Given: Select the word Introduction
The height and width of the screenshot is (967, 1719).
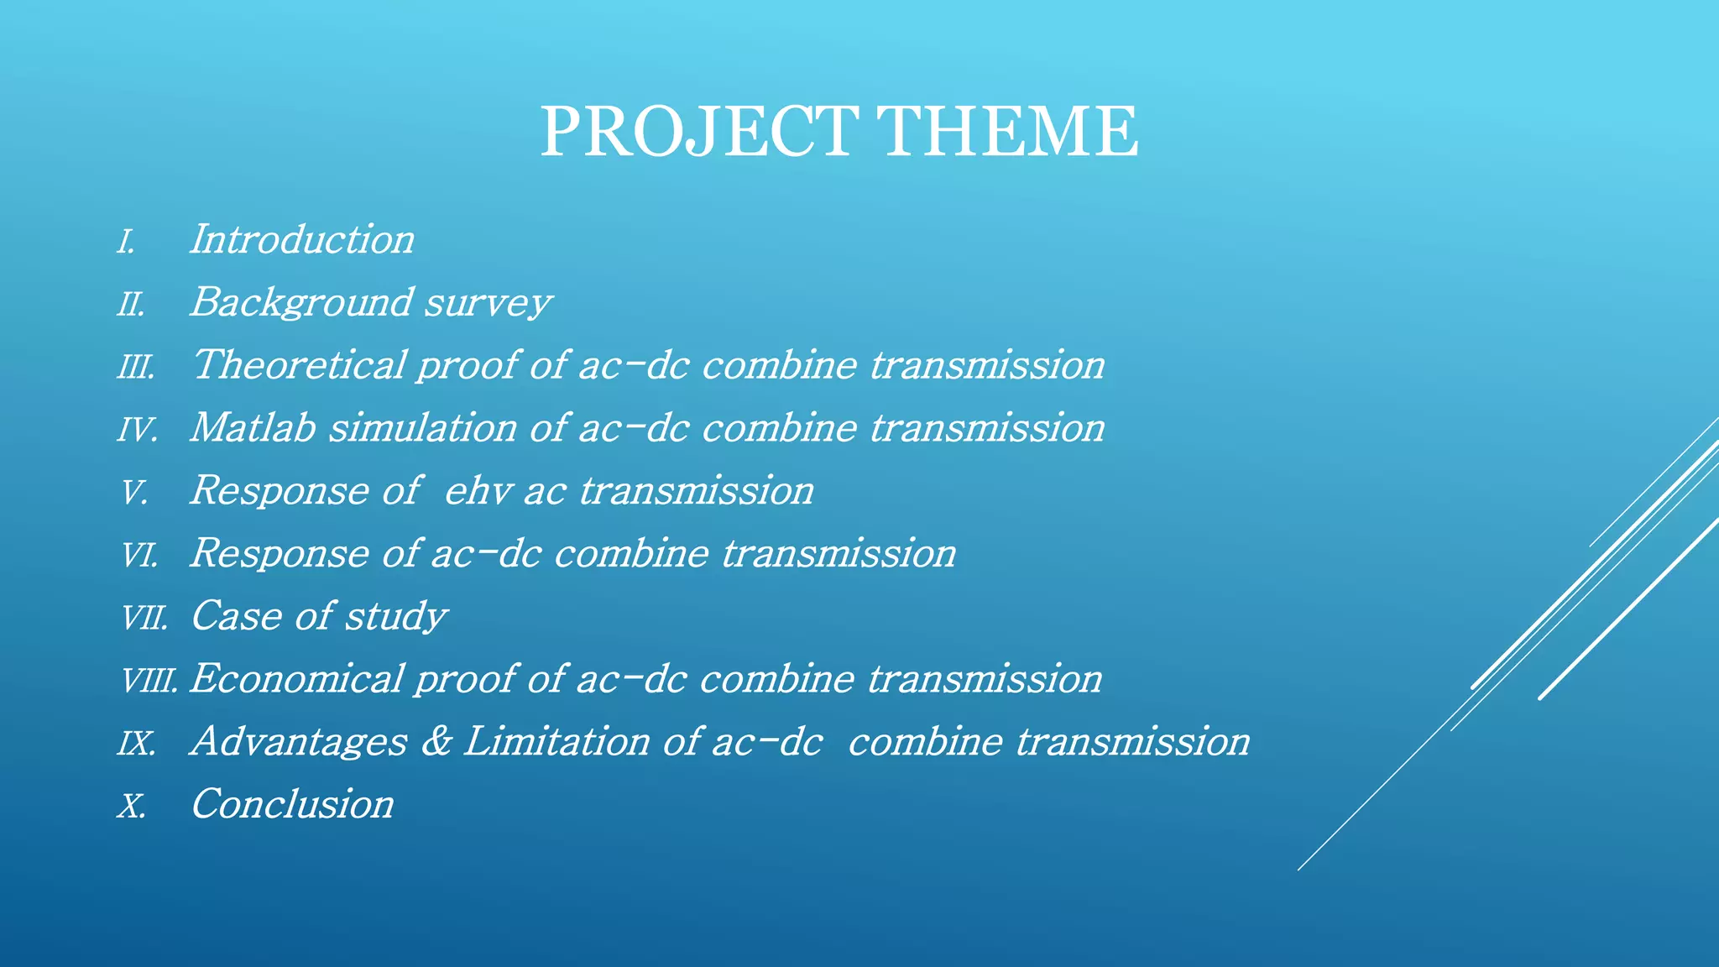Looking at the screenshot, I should click(x=302, y=240).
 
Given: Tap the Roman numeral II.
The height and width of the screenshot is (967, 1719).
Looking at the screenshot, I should click(x=131, y=305).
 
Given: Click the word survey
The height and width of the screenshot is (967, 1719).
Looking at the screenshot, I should click(x=487, y=303).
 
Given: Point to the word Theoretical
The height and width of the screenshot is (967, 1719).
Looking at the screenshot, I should click(x=299, y=365).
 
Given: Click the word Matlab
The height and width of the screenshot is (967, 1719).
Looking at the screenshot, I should click(x=253, y=428).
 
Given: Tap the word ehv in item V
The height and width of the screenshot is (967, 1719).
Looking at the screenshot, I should click(x=477, y=491).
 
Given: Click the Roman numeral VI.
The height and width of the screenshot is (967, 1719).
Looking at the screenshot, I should click(x=139, y=556).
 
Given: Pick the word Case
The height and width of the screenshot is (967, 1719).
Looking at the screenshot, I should click(x=236, y=617).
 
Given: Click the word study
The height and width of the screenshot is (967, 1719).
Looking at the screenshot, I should click(x=396, y=617).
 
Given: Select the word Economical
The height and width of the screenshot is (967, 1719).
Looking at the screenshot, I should click(x=296, y=679).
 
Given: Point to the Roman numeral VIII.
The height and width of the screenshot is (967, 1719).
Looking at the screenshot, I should click(x=149, y=681).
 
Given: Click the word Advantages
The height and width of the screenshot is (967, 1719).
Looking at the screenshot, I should click(x=299, y=742).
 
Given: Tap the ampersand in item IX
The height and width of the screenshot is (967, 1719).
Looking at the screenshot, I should click(x=436, y=742).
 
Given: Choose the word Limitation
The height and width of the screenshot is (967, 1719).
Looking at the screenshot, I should click(x=556, y=742).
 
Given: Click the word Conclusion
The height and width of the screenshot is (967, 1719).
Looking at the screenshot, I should click(x=292, y=804).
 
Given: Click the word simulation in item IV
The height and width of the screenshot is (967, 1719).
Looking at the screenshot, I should click(x=422, y=428).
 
